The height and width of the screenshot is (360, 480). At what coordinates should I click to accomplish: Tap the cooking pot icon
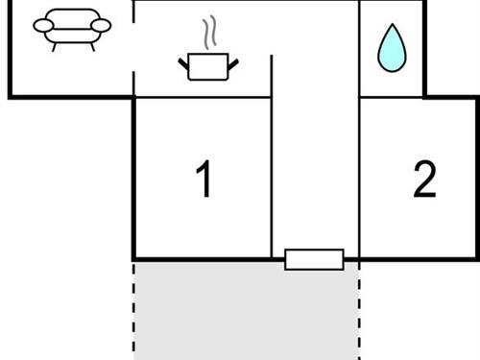208,65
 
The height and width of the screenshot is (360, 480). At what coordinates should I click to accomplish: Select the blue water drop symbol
391,50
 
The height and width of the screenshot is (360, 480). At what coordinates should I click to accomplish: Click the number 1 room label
204,180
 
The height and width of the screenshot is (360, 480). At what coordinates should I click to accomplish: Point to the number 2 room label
424,180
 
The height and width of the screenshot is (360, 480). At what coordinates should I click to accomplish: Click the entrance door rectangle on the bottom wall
314,259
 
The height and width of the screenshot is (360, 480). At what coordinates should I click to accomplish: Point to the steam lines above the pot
208,35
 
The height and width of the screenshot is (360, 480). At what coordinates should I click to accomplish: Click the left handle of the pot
184,64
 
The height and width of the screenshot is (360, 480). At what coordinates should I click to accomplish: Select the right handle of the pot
232,64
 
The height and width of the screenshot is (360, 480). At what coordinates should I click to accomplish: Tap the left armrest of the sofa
43,25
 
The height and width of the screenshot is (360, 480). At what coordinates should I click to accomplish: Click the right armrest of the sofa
101,25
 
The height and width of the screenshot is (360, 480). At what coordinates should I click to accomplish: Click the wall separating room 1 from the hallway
272,173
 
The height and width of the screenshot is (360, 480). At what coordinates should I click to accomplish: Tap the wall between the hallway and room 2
359,173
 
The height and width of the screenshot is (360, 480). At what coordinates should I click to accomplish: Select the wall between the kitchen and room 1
202,97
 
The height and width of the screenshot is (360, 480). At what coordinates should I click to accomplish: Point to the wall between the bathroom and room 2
392,97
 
